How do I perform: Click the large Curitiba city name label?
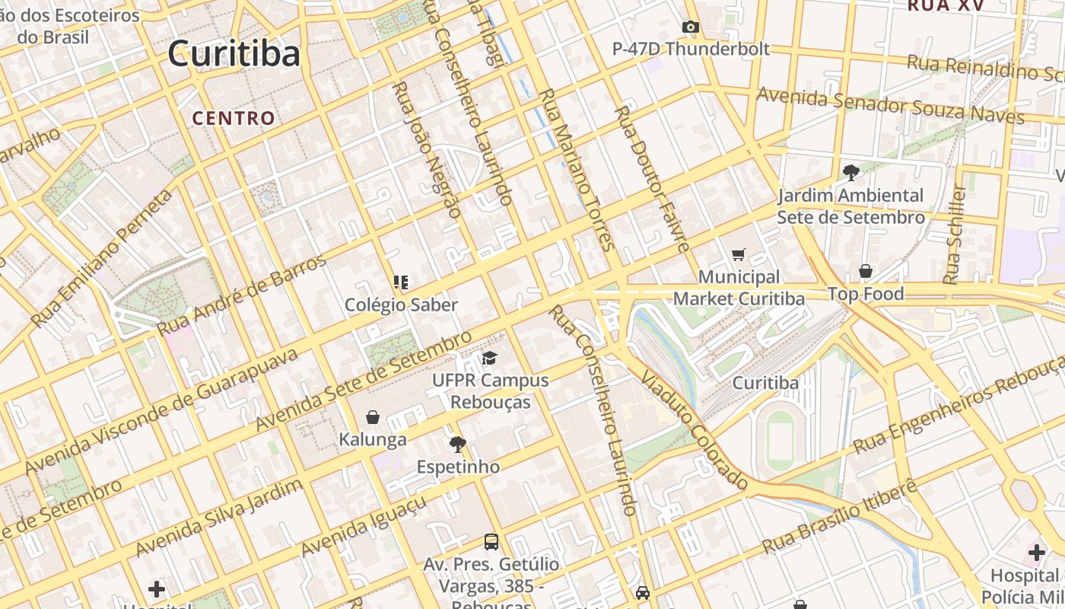(234, 54)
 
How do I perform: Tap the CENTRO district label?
(233, 118)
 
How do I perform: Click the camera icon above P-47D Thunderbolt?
(690, 27)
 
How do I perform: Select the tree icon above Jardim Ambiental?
(850, 173)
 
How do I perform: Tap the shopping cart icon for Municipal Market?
(738, 254)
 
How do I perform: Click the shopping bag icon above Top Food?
(865, 271)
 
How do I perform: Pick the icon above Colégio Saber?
(401, 282)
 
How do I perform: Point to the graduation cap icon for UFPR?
(488, 358)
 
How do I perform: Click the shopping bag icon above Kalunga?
(373, 417)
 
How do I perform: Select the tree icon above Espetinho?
(457, 444)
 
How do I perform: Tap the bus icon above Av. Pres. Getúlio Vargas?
(491, 542)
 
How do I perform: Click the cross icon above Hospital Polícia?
(1036, 552)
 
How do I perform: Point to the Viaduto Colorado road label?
(694, 430)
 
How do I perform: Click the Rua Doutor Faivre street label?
(651, 180)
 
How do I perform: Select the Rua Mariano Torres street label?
(575, 169)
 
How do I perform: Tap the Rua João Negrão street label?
(426, 150)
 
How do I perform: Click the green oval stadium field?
(780, 441)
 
